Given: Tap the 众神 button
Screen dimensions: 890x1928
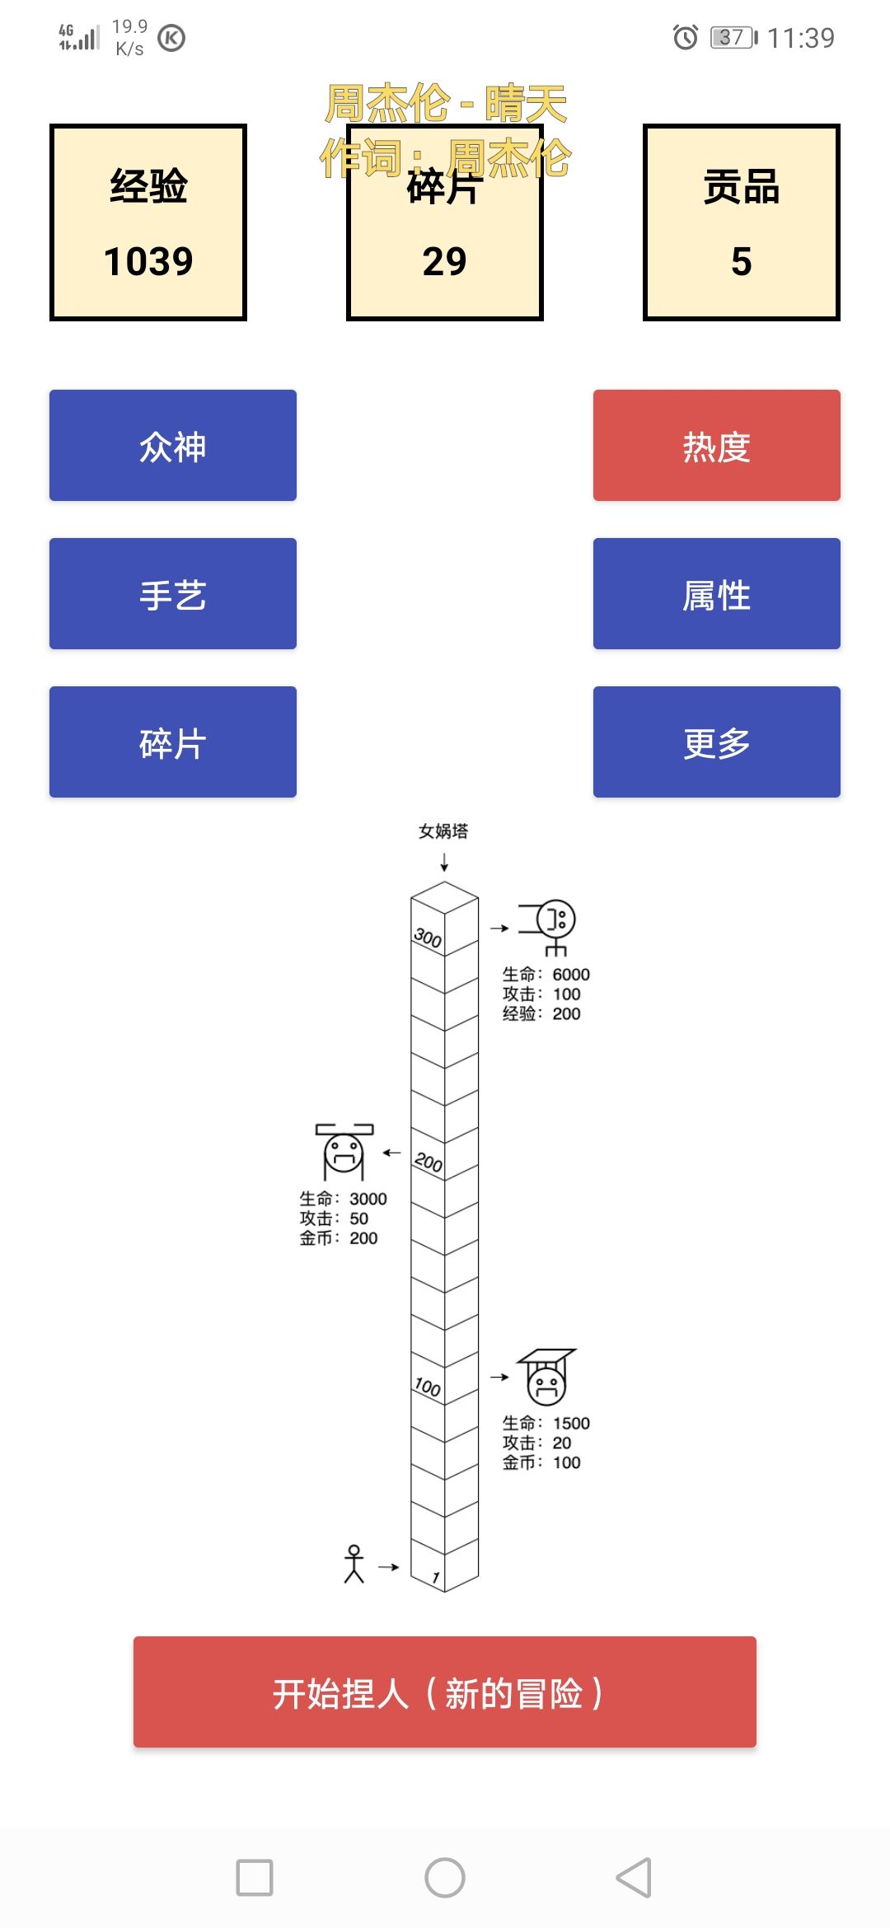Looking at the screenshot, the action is click(173, 445).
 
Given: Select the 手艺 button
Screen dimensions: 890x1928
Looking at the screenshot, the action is click(173, 593).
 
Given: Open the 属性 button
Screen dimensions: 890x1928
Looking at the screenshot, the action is click(717, 593).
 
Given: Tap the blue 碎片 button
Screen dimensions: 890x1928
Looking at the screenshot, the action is click(173, 742).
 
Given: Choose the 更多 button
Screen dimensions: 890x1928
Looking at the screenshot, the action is click(717, 742).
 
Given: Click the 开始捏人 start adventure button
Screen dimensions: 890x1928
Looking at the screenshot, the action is click(445, 1692).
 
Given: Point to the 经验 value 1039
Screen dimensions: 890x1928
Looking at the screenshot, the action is click(148, 262).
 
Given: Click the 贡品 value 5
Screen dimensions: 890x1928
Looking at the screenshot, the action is click(742, 262).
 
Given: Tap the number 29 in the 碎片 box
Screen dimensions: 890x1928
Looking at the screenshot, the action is click(445, 262).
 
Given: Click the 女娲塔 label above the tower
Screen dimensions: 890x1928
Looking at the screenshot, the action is click(443, 831).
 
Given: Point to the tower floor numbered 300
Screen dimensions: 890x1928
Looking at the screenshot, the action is click(428, 937).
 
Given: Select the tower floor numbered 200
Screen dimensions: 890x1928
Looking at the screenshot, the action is click(428, 1162).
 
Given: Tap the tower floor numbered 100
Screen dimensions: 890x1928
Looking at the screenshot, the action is click(428, 1387).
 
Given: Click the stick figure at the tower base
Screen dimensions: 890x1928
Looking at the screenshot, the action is click(354, 1564).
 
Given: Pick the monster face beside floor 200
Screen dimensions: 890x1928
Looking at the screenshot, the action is click(344, 1151).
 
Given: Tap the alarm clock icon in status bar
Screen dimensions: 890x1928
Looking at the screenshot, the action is click(686, 37).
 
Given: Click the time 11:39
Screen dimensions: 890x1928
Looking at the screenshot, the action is click(801, 38).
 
